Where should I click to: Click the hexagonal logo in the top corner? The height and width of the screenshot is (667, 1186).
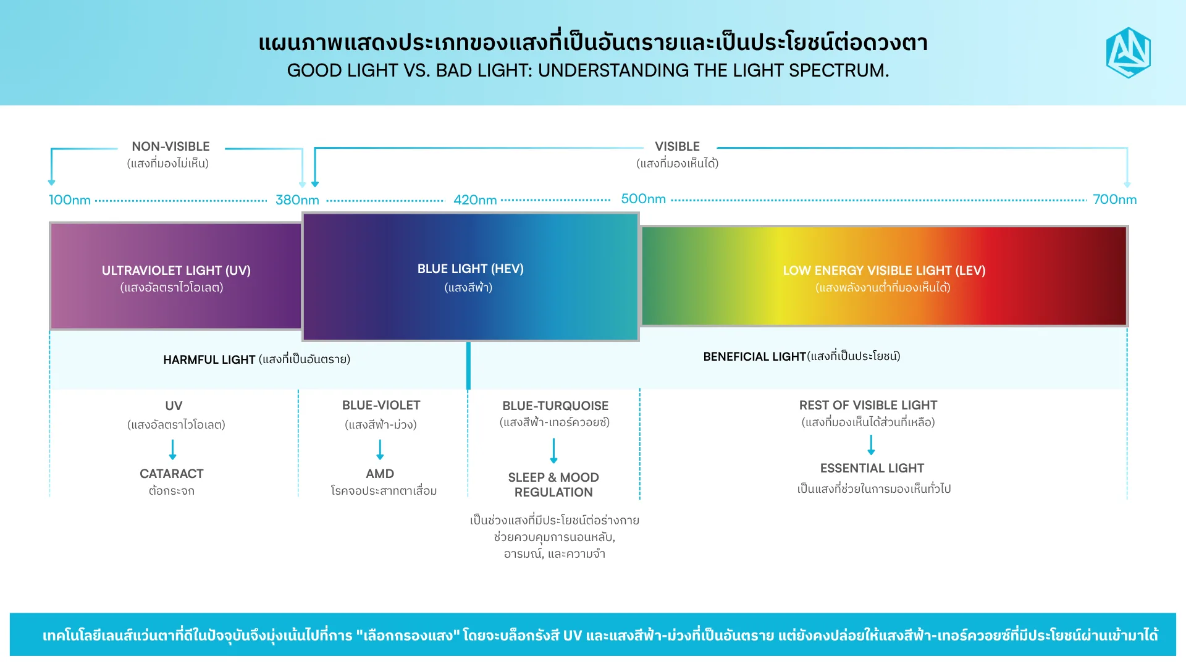tap(1128, 52)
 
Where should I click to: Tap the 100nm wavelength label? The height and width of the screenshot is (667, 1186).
tap(70, 200)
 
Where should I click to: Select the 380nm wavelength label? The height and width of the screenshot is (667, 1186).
tap(297, 200)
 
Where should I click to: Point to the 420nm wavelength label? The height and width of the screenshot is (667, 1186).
tap(475, 200)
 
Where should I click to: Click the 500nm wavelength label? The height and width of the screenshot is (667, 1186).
tap(643, 199)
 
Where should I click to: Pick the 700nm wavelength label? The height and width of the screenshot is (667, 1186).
tap(1114, 199)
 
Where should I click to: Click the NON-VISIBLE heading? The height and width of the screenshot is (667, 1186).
tap(170, 146)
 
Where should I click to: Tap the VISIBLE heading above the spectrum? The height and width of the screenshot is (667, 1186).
tap(677, 146)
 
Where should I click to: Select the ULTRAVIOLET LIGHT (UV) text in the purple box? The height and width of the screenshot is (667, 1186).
tap(176, 271)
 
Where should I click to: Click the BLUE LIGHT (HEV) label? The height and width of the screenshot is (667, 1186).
tap(470, 269)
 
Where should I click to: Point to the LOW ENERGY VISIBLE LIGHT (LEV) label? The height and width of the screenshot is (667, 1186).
tap(884, 271)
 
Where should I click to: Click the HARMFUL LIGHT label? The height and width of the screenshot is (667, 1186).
tap(209, 359)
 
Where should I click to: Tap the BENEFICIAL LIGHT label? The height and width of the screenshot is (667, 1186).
tap(754, 356)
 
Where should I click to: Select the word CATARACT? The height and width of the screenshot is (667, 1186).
tap(171, 474)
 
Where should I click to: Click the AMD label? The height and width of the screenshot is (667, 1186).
tap(380, 474)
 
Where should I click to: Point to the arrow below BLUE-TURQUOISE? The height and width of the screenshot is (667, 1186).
tap(553, 451)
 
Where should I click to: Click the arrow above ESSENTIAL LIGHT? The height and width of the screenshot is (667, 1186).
tap(871, 445)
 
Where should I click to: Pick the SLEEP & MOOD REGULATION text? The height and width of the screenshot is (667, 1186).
tap(553, 485)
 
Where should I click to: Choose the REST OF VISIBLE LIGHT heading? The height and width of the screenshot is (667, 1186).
tap(868, 405)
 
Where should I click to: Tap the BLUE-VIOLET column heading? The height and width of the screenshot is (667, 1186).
tap(381, 405)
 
